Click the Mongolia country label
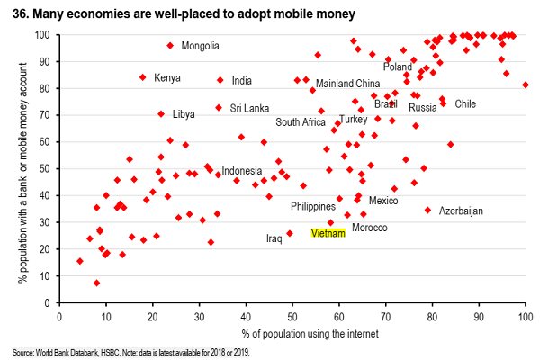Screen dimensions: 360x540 [x=200, y=46]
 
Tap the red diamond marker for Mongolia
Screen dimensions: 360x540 [x=170, y=46]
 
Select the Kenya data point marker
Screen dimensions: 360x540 [x=142, y=77]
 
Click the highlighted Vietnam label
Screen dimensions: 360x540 [x=328, y=233]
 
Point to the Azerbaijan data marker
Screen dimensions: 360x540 [x=427, y=210]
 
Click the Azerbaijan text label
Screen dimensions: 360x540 [x=461, y=211]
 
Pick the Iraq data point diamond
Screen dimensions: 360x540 [x=289, y=234]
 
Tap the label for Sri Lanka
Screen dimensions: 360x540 [x=249, y=108]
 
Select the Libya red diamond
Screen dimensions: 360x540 [x=161, y=114]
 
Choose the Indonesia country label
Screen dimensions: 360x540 [x=241, y=171]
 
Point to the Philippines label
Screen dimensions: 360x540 [x=313, y=207]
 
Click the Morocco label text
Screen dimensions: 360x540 [x=369, y=228]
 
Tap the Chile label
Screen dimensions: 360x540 [x=465, y=104]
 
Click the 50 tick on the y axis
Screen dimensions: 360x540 [x=46, y=168]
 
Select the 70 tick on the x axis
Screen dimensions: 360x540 [x=385, y=316]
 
